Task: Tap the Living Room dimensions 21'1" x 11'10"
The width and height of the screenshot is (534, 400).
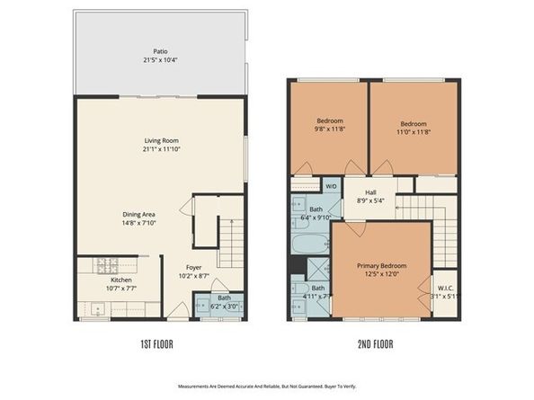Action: click(160, 149)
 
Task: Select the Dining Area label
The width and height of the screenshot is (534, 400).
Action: click(139, 214)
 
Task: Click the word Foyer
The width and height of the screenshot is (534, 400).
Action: click(194, 267)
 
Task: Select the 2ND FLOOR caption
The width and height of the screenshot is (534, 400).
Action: click(377, 344)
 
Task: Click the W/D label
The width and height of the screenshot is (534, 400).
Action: click(331, 187)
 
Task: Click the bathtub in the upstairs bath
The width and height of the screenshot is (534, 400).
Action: click(310, 243)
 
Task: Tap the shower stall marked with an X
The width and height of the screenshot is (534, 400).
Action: click(318, 268)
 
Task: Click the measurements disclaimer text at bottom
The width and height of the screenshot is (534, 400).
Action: click(267, 386)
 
